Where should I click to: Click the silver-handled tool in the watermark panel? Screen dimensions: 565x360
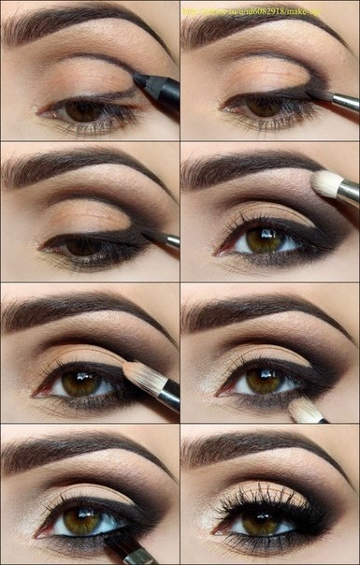coord(338,99)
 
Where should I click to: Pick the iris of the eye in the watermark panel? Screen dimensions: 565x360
coord(264,108)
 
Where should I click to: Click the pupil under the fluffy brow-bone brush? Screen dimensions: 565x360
coord(264,240)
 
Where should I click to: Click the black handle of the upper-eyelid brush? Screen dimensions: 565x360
coord(169,397)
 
